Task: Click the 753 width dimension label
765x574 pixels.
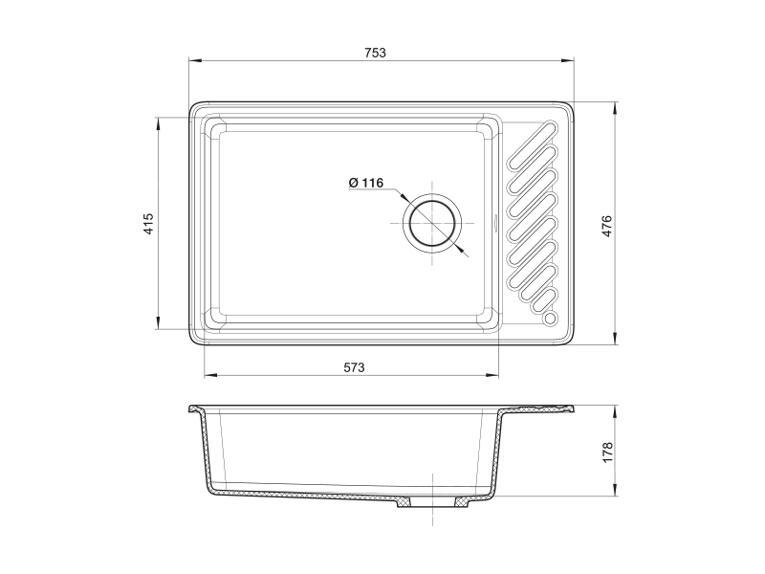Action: [x=375, y=53]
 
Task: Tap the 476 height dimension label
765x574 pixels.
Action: [x=606, y=226]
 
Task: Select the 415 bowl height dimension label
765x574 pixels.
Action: [x=148, y=224]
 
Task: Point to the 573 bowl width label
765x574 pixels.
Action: [x=354, y=367]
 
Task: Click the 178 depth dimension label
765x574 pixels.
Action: [x=607, y=453]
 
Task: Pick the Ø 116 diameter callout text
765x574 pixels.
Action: [x=366, y=183]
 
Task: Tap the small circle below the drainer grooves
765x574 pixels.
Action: [x=549, y=319]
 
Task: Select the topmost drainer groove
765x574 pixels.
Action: [x=532, y=146]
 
